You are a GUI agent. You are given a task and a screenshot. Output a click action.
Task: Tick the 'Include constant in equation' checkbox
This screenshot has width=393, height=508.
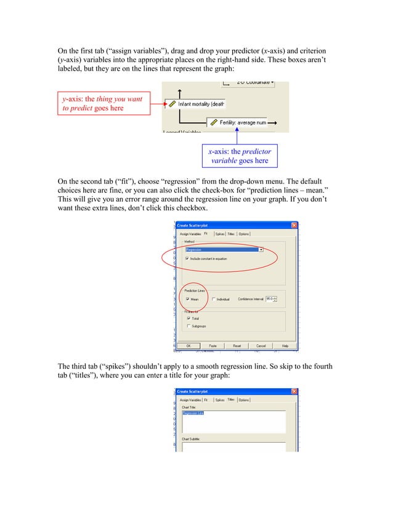(x=187, y=259)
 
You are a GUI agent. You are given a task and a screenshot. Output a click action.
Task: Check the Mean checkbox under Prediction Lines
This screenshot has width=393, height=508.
(x=187, y=300)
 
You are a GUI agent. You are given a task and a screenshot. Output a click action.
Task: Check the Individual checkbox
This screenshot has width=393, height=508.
(x=213, y=300)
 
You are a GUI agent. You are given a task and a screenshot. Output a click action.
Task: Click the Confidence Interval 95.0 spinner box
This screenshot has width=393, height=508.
(x=271, y=299)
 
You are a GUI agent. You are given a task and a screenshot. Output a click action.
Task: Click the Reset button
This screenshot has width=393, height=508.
(x=237, y=346)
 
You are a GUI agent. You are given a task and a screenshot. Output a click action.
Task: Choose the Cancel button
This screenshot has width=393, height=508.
(x=261, y=346)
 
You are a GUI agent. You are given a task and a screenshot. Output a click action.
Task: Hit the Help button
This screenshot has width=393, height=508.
(x=285, y=346)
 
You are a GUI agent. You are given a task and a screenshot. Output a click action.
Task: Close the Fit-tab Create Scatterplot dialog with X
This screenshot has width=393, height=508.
(x=294, y=225)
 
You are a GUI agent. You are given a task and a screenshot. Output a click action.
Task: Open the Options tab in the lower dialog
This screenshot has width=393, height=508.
(x=244, y=400)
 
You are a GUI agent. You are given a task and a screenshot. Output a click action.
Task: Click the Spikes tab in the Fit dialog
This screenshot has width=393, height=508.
(x=219, y=234)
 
